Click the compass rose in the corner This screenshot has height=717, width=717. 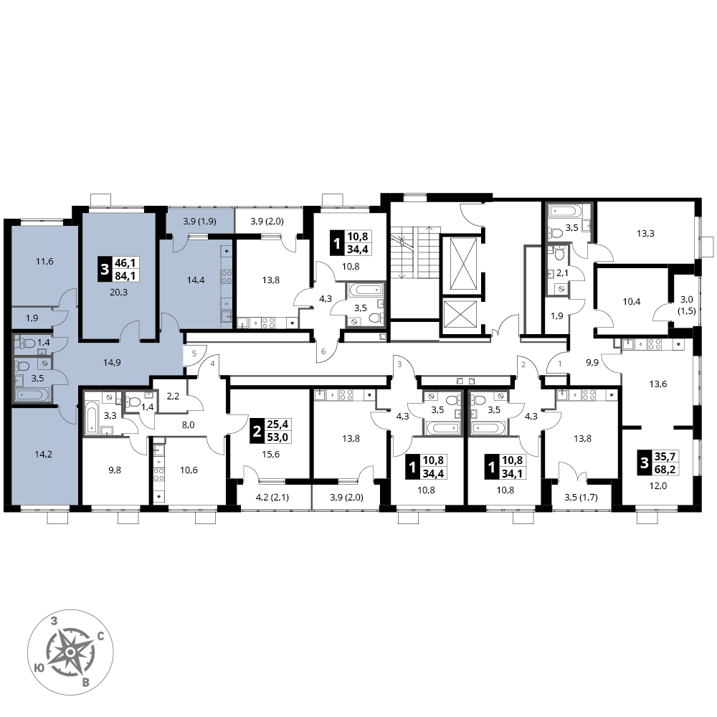point(70,652)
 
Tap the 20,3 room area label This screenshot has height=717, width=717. point(118,293)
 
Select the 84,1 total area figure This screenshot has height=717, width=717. point(126,275)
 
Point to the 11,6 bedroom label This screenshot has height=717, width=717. point(44,262)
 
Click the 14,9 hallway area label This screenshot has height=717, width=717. point(112,363)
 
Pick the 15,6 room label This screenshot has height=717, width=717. point(271,454)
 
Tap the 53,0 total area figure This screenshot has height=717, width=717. point(277,437)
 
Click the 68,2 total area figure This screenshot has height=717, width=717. point(665,469)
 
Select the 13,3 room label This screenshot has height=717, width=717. point(645,234)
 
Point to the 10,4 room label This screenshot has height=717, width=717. point(632,302)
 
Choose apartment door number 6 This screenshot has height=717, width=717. point(323,351)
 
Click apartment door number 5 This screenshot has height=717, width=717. point(194,353)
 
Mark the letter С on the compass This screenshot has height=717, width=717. point(101,636)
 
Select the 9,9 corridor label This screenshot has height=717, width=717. point(592,363)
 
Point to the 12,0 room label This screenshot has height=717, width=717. point(658,486)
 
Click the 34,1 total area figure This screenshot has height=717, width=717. point(512,473)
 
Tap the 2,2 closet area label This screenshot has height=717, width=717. point(173,396)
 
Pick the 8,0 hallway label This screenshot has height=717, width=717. point(189,424)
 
